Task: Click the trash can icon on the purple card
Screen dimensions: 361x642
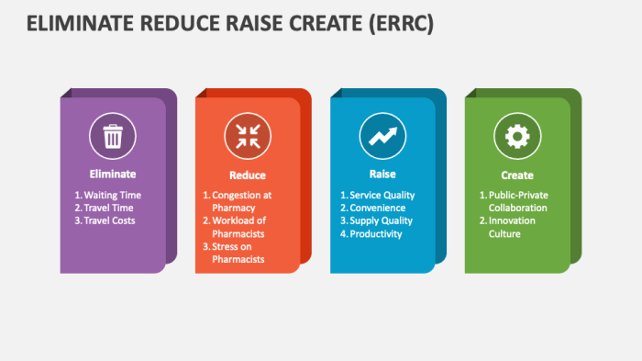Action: [x=113, y=137]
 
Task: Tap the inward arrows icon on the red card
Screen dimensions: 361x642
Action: [x=248, y=137]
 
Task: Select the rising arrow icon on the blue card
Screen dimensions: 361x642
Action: [x=382, y=137]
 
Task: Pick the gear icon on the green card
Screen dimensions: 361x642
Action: [x=517, y=137]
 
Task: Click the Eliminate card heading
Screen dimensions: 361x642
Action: [x=113, y=174]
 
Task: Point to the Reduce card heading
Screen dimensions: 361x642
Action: [x=248, y=175]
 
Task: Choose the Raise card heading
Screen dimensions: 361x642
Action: [x=382, y=174]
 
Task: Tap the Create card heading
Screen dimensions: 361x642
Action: [x=517, y=175]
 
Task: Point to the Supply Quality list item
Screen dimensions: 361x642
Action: [x=381, y=220]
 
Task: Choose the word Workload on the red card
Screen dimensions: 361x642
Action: [x=234, y=220]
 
